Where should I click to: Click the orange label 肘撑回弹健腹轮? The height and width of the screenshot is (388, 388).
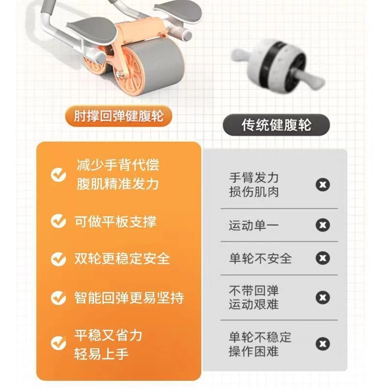tap(118, 116)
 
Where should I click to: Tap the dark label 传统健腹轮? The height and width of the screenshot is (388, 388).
tap(276, 125)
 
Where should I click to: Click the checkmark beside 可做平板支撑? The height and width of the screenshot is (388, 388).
tap(58, 221)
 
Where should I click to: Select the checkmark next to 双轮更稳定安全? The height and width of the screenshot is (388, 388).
tap(58, 259)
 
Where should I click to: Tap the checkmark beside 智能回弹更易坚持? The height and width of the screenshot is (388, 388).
tap(58, 297)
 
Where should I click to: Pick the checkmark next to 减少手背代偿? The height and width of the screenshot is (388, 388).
tap(58, 175)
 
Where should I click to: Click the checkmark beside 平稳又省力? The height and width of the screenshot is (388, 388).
tap(58, 343)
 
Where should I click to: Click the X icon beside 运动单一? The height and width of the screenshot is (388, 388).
tap(323, 225)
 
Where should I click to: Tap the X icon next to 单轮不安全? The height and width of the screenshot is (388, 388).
tap(323, 258)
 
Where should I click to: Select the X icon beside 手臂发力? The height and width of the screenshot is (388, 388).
tap(323, 185)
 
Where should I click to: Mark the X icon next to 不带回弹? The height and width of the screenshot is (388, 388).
tap(323, 297)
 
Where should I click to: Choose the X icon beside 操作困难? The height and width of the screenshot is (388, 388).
tap(323, 344)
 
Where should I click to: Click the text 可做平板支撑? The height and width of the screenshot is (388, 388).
tap(115, 222)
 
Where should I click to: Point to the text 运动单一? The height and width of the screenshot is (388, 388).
tap(254, 226)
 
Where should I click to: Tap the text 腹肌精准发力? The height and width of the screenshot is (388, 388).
tap(118, 184)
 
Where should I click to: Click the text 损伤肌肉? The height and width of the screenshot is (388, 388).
tap(254, 192)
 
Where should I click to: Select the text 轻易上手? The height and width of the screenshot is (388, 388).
tap(101, 354)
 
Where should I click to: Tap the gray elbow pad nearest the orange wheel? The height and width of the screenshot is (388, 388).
tap(93, 29)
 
